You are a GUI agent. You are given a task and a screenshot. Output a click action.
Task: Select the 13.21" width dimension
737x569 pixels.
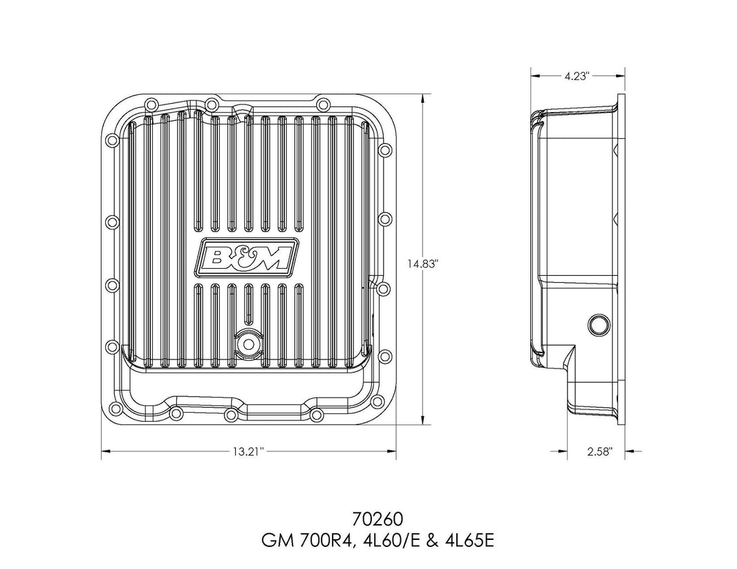248,452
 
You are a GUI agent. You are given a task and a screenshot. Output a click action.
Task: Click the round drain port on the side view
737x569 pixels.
597,324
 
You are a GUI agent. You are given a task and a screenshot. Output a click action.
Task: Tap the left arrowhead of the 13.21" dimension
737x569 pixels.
106,452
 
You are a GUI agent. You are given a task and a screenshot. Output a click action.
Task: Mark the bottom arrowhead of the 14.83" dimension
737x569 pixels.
422,417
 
